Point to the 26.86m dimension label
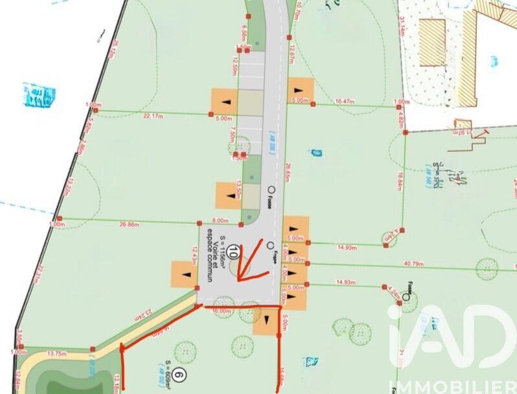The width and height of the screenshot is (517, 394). coord(131,225)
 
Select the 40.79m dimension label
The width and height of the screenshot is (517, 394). coord(431,263)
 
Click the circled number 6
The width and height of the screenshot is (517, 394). coord(181,374)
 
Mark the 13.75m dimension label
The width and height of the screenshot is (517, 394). coord(58,353)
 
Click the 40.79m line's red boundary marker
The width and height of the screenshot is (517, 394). coord(306,263)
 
